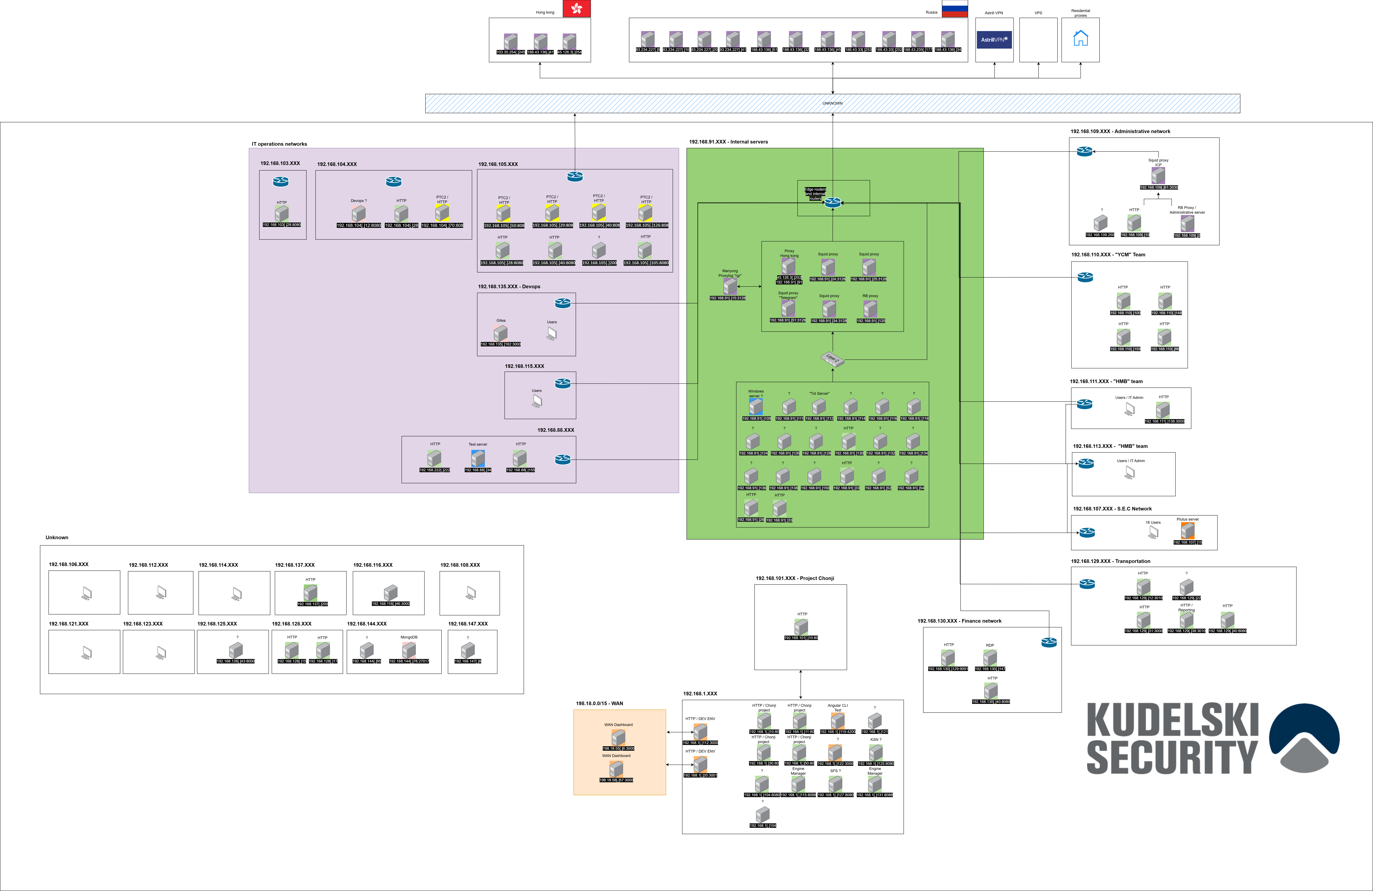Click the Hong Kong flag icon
[576, 9]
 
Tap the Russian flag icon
[955, 9]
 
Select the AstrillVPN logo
[994, 40]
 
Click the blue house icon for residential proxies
[1080, 39]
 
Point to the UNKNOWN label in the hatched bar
[832, 103]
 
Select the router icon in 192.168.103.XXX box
[281, 182]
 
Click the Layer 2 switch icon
[832, 359]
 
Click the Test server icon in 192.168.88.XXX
[478, 458]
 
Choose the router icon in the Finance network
[1049, 642]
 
